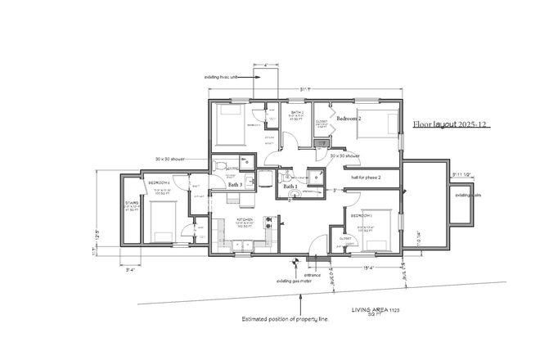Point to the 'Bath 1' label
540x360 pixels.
click(290, 187)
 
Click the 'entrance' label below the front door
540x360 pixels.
click(313, 274)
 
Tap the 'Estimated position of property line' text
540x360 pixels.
click(286, 318)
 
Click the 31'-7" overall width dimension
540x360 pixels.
click(305, 89)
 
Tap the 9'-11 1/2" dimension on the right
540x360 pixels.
click(462, 173)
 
